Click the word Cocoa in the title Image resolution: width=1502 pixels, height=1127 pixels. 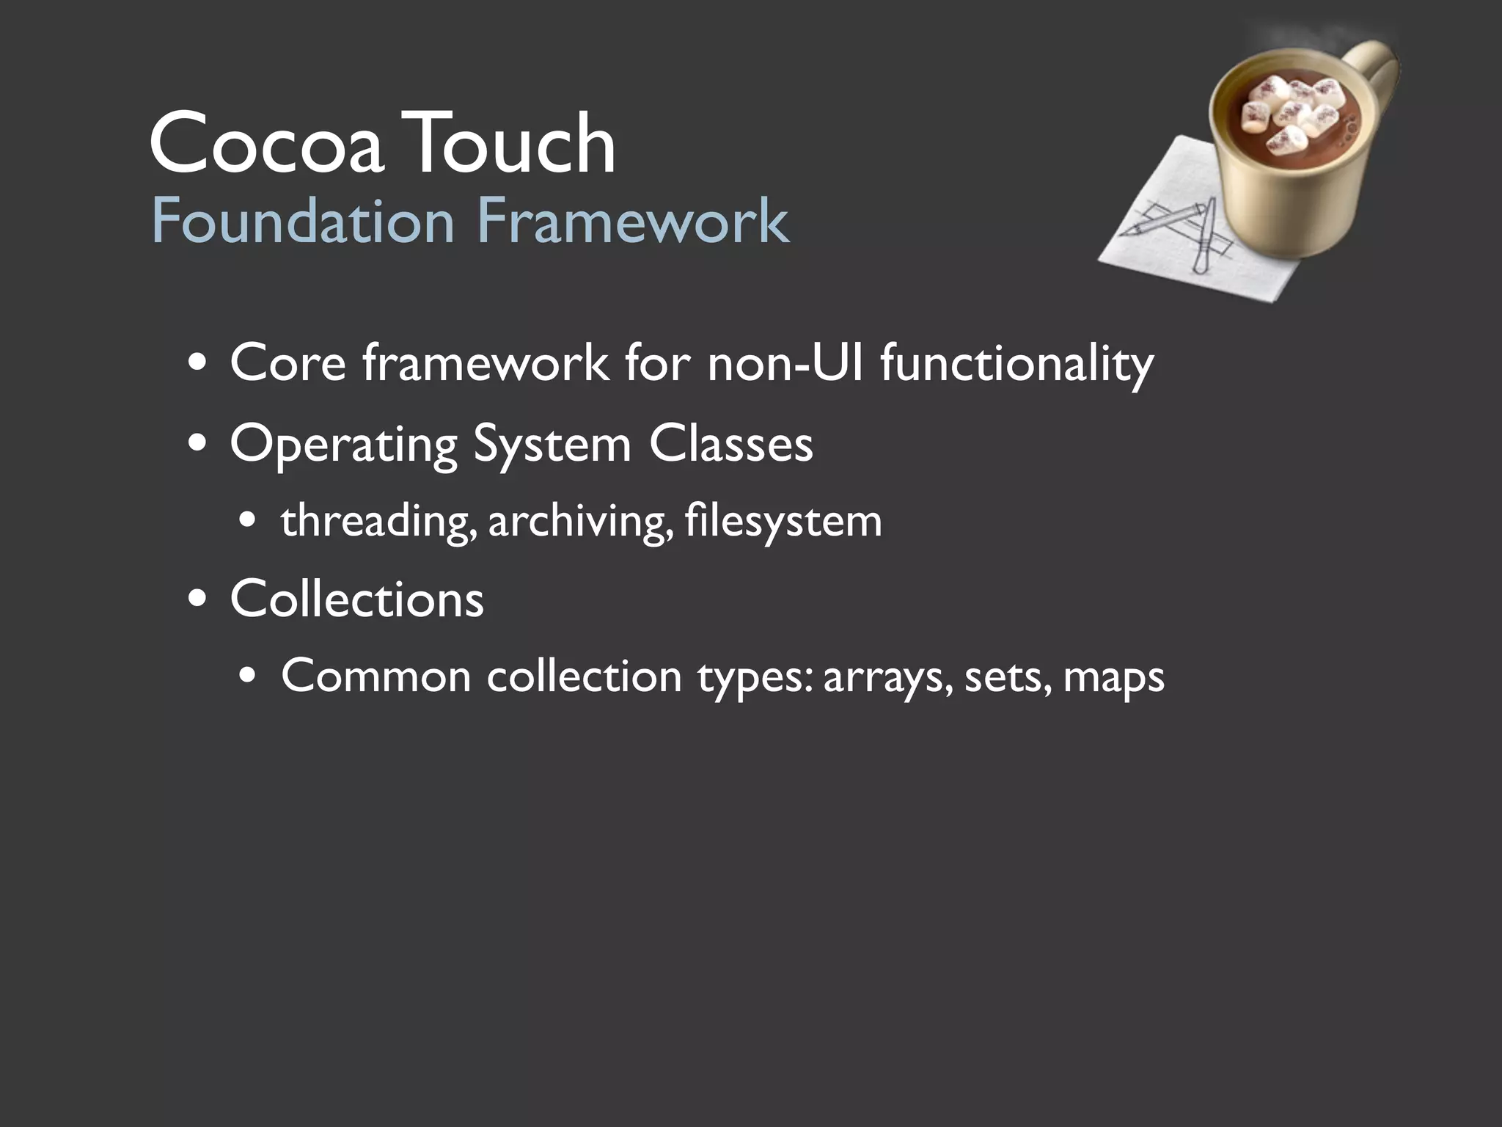265,144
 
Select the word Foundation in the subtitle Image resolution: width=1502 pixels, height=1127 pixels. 303,221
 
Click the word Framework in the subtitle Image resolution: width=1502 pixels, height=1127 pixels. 633,221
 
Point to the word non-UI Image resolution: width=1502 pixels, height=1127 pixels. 785,362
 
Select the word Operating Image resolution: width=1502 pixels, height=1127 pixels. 344,445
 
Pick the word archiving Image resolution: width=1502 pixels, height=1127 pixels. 580,522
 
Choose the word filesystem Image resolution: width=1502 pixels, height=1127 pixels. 783,522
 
